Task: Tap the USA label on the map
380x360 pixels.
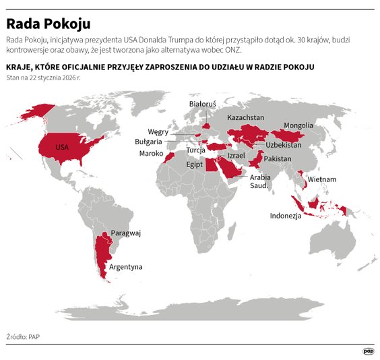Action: pyautogui.click(x=62, y=147)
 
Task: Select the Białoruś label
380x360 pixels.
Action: pyautogui.click(x=202, y=104)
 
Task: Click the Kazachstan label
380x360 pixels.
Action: pyautogui.click(x=245, y=117)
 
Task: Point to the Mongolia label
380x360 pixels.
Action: pyautogui.click(x=298, y=125)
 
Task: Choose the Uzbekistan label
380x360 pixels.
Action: pyautogui.click(x=284, y=145)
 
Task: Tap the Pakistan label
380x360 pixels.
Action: pyautogui.click(x=277, y=158)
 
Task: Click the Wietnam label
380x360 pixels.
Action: pyautogui.click(x=323, y=179)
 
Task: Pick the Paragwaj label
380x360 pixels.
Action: pyautogui.click(x=126, y=233)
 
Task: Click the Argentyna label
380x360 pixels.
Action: pyautogui.click(x=126, y=266)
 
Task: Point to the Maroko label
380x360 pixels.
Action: pyautogui.click(x=150, y=154)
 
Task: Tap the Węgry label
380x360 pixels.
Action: pyautogui.click(x=158, y=131)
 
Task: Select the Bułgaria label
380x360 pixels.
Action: pyautogui.click(x=149, y=142)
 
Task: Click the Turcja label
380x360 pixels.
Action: pyautogui.click(x=196, y=150)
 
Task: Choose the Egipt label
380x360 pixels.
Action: pyautogui.click(x=194, y=164)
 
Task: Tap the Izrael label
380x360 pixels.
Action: pyautogui.click(x=236, y=155)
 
